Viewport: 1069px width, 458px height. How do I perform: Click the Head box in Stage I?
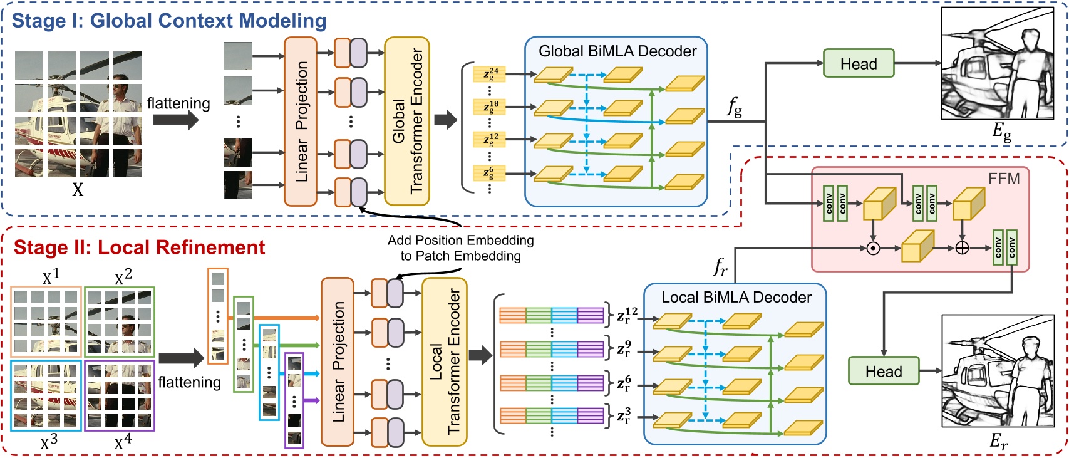pos(858,63)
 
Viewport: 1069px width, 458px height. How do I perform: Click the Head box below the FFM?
pos(883,371)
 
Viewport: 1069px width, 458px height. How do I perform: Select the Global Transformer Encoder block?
pos(406,121)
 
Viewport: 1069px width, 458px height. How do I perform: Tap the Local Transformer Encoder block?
pos(444,362)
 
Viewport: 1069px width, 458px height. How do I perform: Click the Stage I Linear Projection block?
pos(301,121)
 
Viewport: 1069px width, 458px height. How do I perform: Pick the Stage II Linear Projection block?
pos(338,362)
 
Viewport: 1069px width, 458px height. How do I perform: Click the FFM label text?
pos(1003,179)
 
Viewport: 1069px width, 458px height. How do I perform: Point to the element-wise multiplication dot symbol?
pos(873,249)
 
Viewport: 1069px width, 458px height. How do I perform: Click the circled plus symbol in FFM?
pos(962,249)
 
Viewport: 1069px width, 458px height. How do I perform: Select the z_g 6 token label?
pos(489,172)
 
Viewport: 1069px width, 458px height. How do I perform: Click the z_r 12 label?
pos(627,315)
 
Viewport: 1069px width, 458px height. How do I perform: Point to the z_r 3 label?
pos(624,416)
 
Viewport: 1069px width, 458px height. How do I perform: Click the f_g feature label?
pos(734,108)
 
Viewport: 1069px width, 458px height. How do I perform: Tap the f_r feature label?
pos(720,268)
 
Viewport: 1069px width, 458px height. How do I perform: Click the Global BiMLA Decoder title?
pos(617,51)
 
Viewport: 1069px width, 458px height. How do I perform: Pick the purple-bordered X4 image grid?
pos(120,395)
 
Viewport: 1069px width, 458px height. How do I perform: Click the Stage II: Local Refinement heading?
pos(139,247)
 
